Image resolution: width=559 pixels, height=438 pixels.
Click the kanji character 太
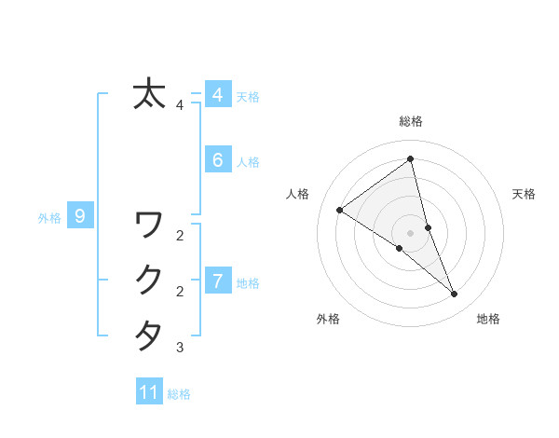(x=149, y=94)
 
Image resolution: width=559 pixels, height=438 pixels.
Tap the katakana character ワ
(x=149, y=225)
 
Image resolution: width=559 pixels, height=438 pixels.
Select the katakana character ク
(x=149, y=280)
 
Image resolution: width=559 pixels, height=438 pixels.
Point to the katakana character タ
(x=149, y=335)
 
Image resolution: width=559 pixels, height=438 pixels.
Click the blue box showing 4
(x=217, y=94)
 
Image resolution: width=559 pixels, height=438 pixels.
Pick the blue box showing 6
(x=217, y=160)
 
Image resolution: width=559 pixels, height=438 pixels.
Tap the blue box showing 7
(x=217, y=281)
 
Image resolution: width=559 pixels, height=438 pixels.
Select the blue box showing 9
(x=80, y=217)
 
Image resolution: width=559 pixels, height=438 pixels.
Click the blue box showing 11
(x=149, y=392)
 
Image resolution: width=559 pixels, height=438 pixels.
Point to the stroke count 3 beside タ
(x=180, y=349)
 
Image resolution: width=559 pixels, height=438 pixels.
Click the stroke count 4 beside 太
(x=180, y=105)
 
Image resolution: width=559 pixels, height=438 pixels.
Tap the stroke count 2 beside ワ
(x=180, y=236)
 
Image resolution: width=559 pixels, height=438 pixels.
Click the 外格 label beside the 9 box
(x=49, y=218)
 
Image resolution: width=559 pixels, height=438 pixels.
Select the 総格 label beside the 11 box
(x=179, y=394)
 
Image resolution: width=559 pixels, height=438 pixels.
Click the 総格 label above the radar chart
(x=411, y=121)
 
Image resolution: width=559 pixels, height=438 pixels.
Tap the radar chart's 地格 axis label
(x=488, y=320)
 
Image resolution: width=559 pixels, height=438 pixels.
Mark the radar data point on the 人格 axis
(x=340, y=210)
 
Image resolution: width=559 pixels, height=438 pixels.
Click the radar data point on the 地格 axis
(x=455, y=294)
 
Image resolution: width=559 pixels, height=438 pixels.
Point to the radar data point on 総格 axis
(x=411, y=158)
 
